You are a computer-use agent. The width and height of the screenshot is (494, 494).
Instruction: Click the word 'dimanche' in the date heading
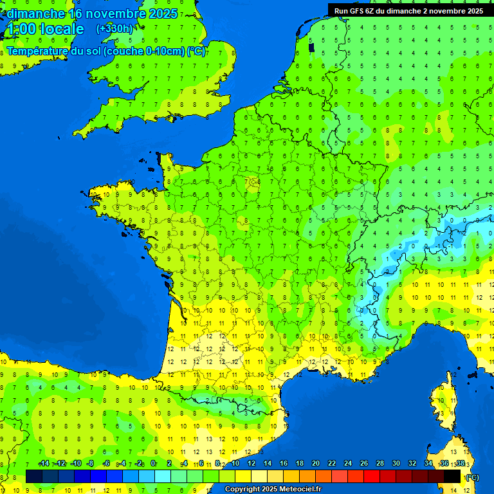(35, 13)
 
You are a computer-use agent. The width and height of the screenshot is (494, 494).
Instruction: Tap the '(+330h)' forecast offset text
(114, 28)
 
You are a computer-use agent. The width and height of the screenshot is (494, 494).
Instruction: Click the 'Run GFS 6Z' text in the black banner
(358, 11)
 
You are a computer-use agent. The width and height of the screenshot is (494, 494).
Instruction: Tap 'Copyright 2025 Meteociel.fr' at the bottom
(273, 489)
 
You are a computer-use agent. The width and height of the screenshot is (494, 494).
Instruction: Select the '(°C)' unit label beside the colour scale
(472, 477)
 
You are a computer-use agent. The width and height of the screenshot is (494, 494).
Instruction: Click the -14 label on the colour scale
(44, 464)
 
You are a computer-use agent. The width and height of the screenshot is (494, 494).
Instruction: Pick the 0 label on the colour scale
(153, 464)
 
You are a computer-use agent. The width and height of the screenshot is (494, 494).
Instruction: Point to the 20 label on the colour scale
(315, 464)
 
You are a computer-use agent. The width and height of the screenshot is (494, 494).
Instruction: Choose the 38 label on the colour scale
(460, 464)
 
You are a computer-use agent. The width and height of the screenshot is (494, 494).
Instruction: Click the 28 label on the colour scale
(380, 464)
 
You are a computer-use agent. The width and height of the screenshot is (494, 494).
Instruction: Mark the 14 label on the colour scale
(267, 464)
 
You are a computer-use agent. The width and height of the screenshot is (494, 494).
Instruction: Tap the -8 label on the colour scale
(91, 464)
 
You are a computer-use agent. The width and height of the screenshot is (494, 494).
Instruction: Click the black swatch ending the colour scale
(452, 476)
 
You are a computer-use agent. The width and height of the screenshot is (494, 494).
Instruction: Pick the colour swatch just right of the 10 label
(243, 476)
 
